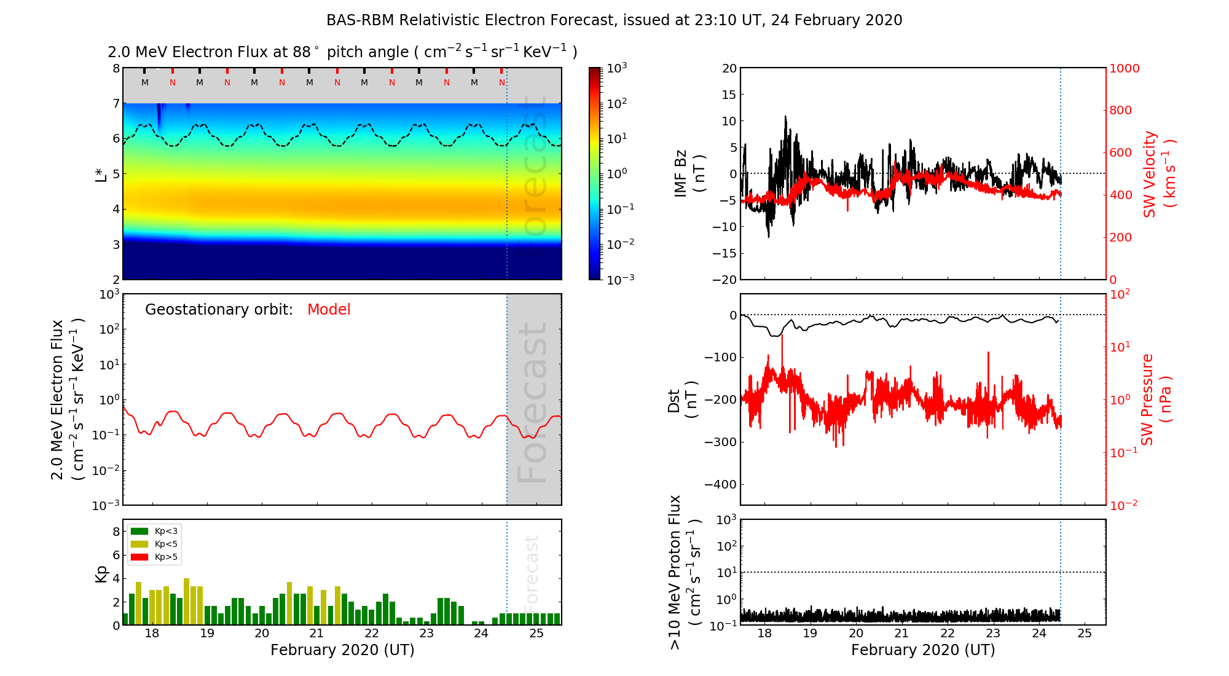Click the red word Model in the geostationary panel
[x=329, y=310]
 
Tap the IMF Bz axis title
[x=689, y=173]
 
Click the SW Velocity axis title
[x=1159, y=174]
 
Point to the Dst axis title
[x=682, y=400]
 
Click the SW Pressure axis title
[x=1156, y=399]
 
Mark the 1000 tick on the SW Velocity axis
[x=1124, y=69]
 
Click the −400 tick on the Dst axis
[x=720, y=484]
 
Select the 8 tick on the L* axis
[x=116, y=68]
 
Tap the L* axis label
[x=101, y=173]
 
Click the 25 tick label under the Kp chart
[x=536, y=634]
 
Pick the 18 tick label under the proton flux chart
[x=764, y=634]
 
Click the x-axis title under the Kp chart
[x=342, y=650]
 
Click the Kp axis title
[x=101, y=574]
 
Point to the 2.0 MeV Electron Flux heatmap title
[x=342, y=52]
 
